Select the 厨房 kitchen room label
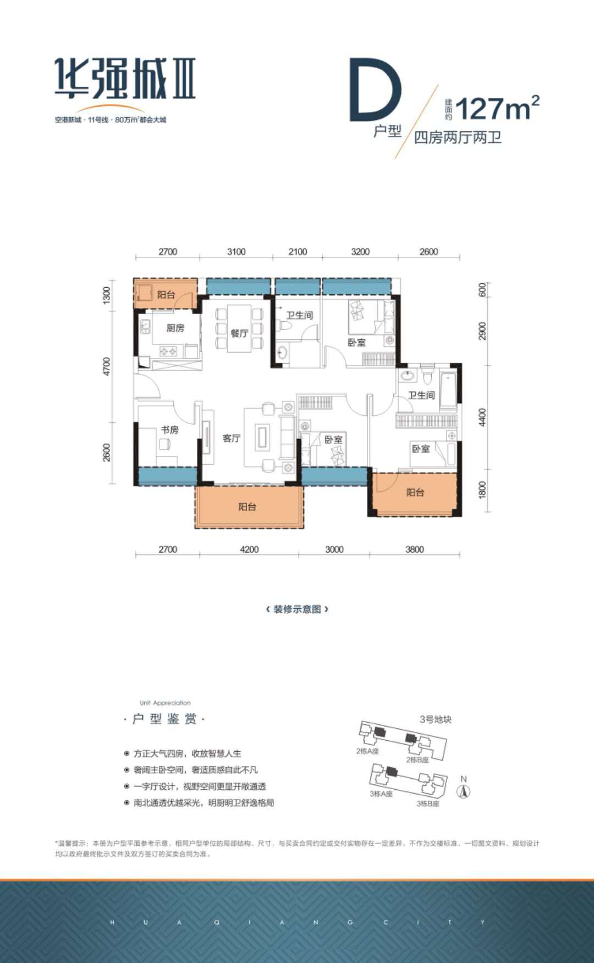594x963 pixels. point(175,328)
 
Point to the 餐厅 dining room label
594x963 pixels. point(239,333)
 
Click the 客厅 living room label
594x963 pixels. point(232,438)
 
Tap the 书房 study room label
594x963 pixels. point(169,430)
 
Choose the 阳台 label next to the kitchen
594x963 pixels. point(166,295)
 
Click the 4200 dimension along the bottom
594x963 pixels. point(249,549)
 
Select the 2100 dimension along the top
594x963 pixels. point(298,251)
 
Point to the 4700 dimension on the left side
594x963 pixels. point(107,366)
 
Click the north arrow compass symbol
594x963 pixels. point(464,791)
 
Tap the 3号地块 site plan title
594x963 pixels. point(435,719)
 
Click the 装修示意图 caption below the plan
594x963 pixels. point(297,609)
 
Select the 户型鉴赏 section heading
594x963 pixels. point(164,719)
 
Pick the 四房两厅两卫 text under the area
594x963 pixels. point(458,137)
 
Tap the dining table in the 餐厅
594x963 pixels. point(239,328)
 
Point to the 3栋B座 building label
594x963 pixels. point(428,804)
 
